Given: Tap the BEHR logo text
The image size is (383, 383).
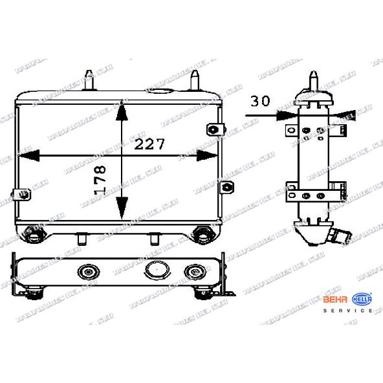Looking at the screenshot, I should click(335, 299).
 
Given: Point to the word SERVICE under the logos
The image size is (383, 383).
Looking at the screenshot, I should click(347, 311).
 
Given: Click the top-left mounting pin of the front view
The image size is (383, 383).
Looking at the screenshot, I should click(89, 81).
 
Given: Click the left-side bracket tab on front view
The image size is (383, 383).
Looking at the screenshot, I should click(21, 192).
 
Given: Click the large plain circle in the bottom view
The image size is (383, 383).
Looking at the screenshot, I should click(157, 270).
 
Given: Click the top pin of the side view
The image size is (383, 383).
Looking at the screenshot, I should click(314, 81).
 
